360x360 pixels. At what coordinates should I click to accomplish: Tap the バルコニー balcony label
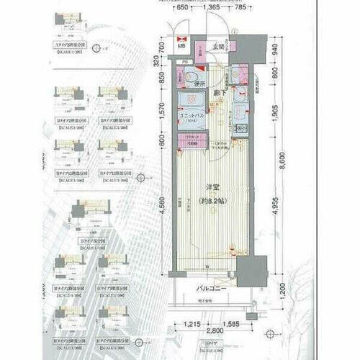point(213,289)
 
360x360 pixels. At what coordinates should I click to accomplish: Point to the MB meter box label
point(181,48)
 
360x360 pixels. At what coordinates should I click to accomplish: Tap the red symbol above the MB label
point(181,38)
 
